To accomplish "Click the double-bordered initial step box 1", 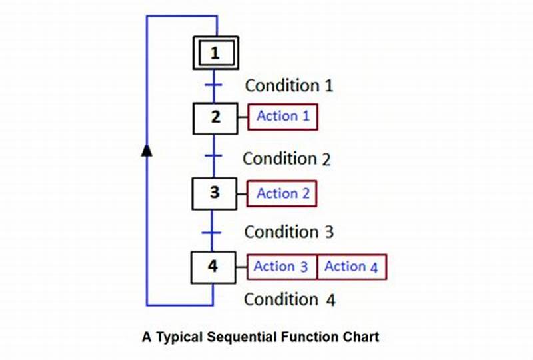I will coord(215,53).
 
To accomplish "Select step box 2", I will coord(215,117).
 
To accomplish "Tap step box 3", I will coord(214,193).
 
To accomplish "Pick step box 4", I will coord(213,267).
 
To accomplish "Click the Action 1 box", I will coord(283,117).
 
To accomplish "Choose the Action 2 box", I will coord(282,193).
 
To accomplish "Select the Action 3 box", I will coord(281,267).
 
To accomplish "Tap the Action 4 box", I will coord(352,267).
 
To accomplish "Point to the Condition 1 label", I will coord(289,85).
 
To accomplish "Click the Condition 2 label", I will coord(286,159).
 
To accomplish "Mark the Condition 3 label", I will coord(288,232).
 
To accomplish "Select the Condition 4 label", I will coord(289,299).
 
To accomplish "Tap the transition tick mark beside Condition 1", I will coord(213,85).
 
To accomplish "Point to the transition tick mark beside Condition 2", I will coord(213,156).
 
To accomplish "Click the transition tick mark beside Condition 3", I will coord(213,233).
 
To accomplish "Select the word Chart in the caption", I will coord(360,337).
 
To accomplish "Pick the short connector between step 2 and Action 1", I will coord(243,117).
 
